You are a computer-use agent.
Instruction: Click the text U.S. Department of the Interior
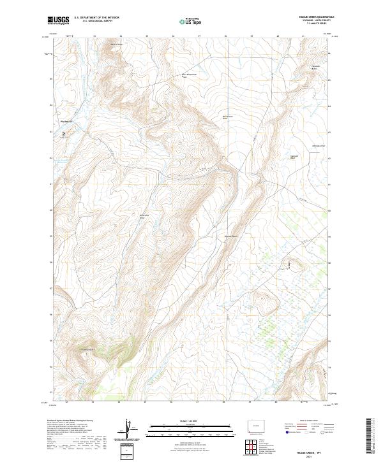[x=96, y=18]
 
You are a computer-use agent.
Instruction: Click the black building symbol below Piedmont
[x=64, y=134]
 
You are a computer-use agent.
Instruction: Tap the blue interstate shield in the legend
[x=284, y=431]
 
